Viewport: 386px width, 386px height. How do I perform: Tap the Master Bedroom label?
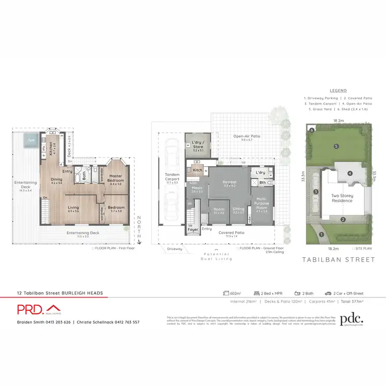point(115,178)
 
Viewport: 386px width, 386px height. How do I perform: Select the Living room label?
point(74,209)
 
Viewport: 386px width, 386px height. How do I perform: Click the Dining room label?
point(56,181)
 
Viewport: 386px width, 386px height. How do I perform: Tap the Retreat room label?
point(229,184)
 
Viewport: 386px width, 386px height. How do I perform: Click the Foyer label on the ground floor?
point(192,229)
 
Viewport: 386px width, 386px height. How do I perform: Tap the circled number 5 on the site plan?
point(336,146)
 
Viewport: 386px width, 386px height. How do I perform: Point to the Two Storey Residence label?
point(341,198)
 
